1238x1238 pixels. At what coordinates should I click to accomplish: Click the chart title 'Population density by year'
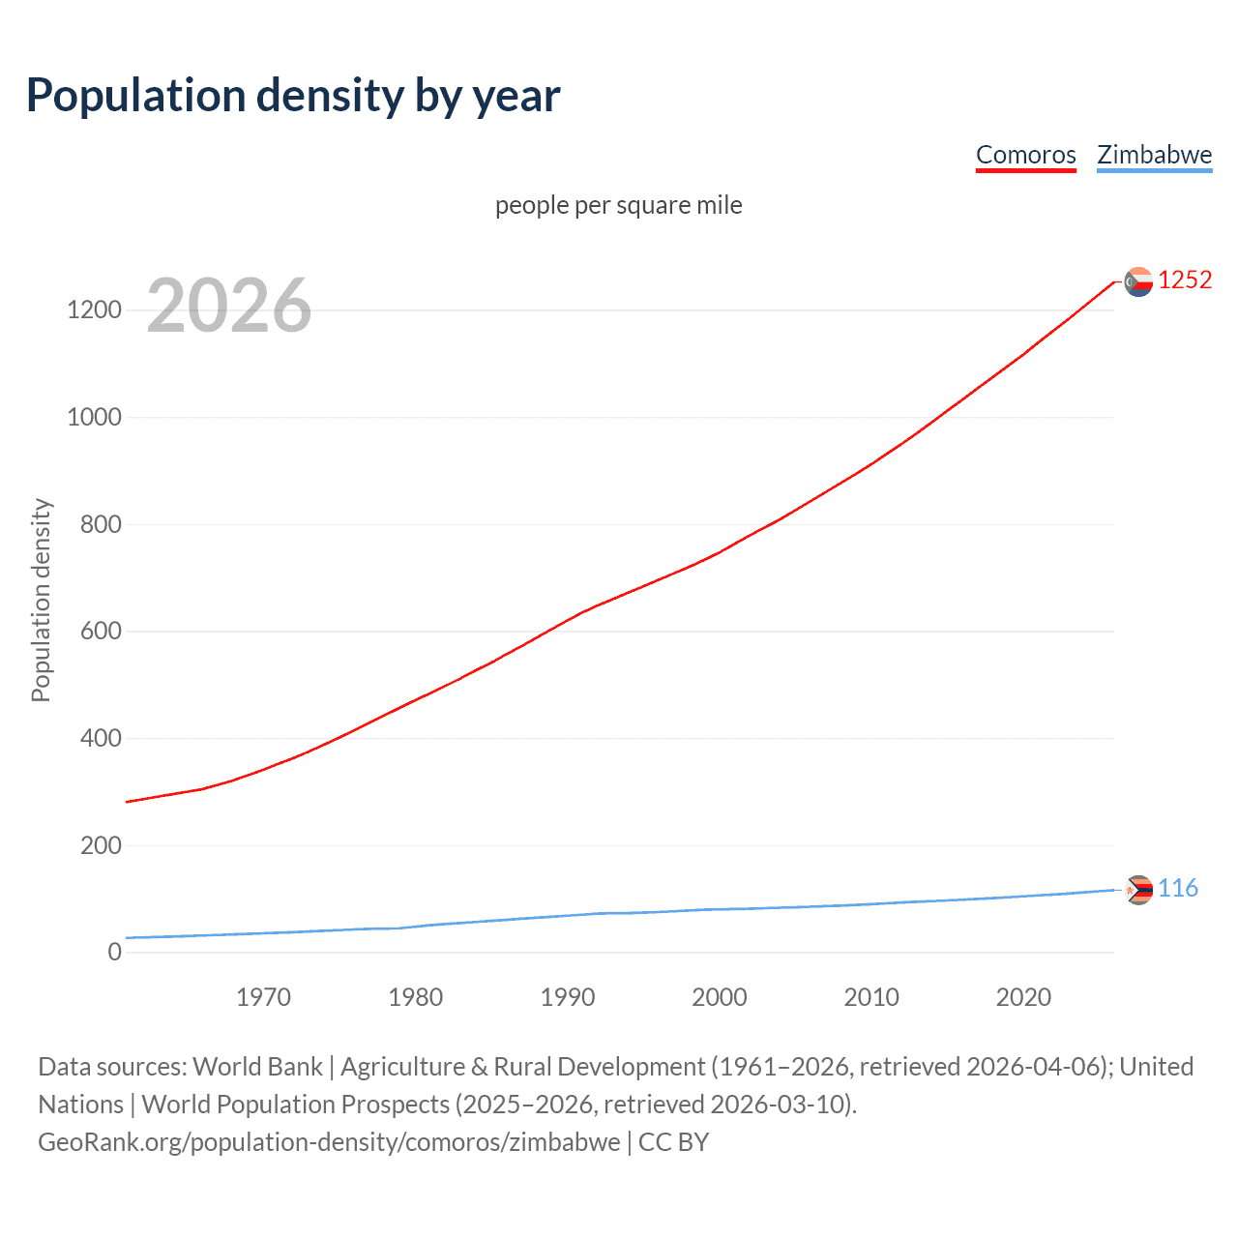[x=293, y=95]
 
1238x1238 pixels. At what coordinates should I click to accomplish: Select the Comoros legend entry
[x=1025, y=155]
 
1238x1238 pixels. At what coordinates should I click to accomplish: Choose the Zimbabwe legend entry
[x=1154, y=155]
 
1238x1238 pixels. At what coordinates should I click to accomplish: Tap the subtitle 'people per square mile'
[x=618, y=205]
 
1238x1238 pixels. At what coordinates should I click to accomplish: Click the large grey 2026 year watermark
[x=229, y=306]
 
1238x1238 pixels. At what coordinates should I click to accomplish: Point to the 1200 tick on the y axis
[x=94, y=310]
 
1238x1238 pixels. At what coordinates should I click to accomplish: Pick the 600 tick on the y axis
[x=95, y=632]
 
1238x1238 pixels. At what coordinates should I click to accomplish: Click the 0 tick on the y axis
[x=115, y=952]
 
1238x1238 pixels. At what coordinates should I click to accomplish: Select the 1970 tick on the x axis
[x=263, y=997]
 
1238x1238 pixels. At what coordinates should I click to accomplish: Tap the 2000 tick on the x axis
[x=719, y=997]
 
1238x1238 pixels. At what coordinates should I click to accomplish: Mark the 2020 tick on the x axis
[x=1023, y=997]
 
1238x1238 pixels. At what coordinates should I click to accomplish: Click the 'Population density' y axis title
[x=41, y=600]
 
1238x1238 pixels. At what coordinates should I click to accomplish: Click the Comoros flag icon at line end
[x=1138, y=281]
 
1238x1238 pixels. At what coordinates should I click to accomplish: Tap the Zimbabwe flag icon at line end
[x=1138, y=889]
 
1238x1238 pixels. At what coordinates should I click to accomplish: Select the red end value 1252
[x=1185, y=280]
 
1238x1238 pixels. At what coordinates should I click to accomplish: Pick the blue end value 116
[x=1178, y=888]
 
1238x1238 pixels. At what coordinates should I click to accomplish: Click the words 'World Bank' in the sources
[x=257, y=1067]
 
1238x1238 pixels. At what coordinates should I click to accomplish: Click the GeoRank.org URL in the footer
[x=329, y=1142]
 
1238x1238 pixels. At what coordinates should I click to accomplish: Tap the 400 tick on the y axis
[x=95, y=739]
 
